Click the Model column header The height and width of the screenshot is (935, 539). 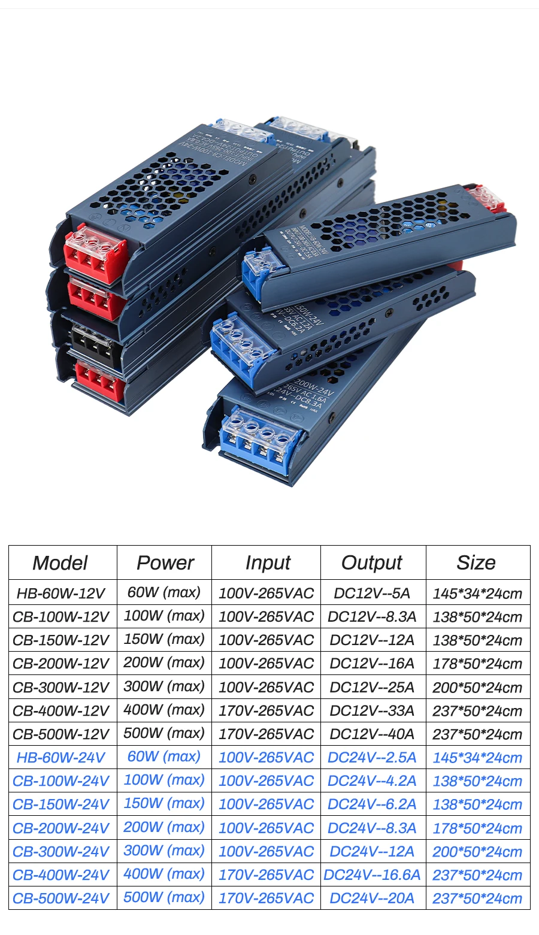[60, 562]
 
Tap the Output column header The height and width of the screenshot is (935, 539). [372, 562]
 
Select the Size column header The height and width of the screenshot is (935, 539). [476, 562]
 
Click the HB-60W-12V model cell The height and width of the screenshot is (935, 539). [60, 594]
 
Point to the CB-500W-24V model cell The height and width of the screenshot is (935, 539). [60, 898]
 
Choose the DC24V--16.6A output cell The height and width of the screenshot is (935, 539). [372, 875]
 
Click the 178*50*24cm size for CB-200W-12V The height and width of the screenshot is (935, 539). [477, 664]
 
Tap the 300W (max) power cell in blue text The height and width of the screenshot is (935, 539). [164, 851]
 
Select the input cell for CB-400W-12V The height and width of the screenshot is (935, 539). [266, 711]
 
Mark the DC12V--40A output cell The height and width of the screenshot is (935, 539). [372, 734]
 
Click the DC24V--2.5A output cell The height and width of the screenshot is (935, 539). [372, 758]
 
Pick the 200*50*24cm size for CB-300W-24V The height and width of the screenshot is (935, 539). [477, 852]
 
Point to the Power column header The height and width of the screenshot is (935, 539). [165, 562]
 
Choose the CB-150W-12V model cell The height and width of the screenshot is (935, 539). [60, 640]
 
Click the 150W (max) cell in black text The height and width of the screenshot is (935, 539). [164, 639]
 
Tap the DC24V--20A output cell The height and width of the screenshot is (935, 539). [372, 898]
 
